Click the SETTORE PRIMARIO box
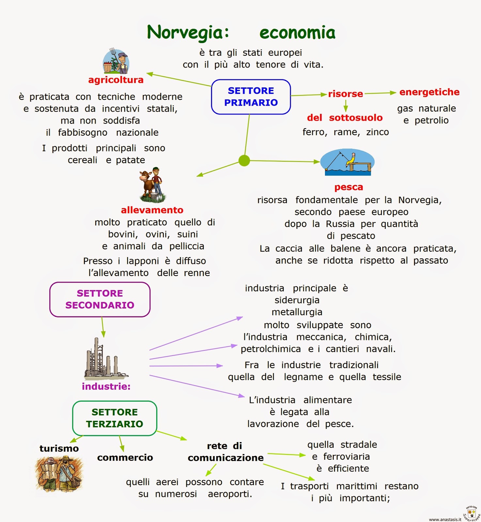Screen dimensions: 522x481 pos(251,97)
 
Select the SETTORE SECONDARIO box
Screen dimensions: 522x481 pos(100,299)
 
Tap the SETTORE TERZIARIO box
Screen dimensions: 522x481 pos(115,418)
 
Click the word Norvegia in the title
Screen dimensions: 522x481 pos(188,33)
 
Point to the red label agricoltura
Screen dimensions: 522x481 pos(116,80)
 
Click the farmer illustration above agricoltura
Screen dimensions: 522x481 pos(116,61)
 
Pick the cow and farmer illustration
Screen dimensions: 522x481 pos(152,185)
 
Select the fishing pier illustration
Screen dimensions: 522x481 pos(347,162)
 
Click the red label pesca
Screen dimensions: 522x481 pos(349,187)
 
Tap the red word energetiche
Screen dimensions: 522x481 pos(429,92)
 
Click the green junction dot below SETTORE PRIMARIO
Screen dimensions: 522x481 pos(244,161)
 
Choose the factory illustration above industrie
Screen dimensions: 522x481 pos(104,359)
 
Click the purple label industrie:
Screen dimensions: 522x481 pos(106,387)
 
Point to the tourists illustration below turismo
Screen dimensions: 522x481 pos(59,474)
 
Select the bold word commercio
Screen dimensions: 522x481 pos(125,458)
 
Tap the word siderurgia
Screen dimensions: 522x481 pos(297,300)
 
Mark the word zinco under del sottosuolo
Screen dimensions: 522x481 pos(377,132)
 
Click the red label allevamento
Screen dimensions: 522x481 pos(152,210)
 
